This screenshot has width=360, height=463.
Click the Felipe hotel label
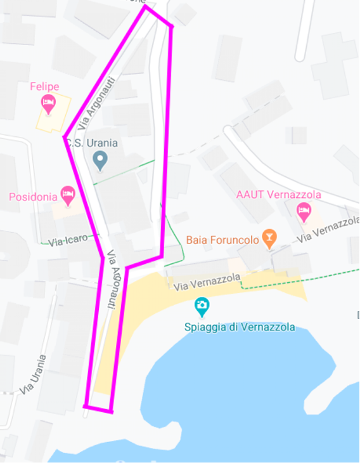coord(44,86)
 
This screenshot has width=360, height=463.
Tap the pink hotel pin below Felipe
coord(48,103)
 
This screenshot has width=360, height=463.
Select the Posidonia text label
coord(33,197)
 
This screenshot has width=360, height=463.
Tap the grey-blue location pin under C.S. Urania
coord(100,160)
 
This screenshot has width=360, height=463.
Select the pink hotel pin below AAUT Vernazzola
coord(304,211)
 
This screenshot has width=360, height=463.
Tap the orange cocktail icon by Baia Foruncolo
coord(270,238)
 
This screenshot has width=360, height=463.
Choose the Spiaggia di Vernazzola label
coord(240,327)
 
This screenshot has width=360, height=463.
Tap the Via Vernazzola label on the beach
coord(207,282)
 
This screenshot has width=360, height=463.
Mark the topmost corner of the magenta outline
coord(145,7)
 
